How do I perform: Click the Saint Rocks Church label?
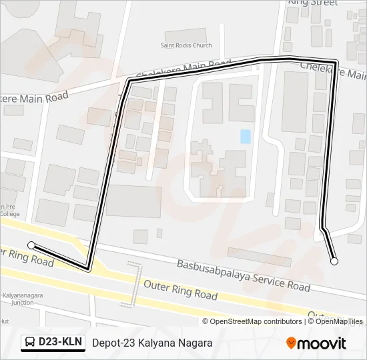click(186, 45)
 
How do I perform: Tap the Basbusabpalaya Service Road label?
click(244, 275)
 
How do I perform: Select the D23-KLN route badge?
click(53, 343)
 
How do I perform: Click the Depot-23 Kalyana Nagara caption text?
click(152, 343)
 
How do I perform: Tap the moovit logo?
click(316, 343)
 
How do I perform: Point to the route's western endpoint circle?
click(31, 245)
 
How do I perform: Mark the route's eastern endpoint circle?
click(334, 261)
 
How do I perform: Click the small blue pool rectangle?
click(246, 136)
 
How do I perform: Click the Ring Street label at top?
click(312, 3)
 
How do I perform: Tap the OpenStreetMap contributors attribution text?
click(252, 321)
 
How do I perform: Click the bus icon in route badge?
click(31, 343)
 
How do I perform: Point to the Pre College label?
click(9, 210)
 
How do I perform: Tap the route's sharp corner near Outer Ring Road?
click(88, 269)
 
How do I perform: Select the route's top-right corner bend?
click(335, 63)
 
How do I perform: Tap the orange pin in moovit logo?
click(292, 343)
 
